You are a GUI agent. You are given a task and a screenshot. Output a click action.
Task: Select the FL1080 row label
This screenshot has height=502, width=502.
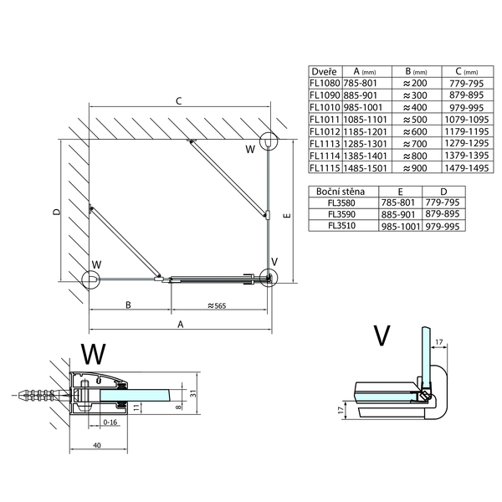pyautogui.click(x=325, y=85)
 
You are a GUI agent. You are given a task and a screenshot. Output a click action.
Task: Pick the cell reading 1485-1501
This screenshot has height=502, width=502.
pyautogui.click(x=366, y=168)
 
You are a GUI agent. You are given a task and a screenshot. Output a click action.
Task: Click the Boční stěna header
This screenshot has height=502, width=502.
pyautogui.click(x=339, y=191)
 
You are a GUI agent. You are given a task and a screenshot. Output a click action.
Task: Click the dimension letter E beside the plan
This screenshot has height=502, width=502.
pyautogui.click(x=287, y=216)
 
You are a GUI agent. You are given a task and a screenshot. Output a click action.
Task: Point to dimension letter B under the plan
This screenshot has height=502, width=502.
pyautogui.click(x=128, y=305)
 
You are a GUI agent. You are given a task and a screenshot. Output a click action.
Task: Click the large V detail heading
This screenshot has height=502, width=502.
pyautogui.click(x=382, y=335)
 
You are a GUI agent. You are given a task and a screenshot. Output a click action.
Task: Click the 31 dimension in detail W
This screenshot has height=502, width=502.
pyautogui.click(x=192, y=393)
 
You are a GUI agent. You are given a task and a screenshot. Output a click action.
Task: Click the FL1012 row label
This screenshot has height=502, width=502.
pyautogui.click(x=325, y=132)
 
